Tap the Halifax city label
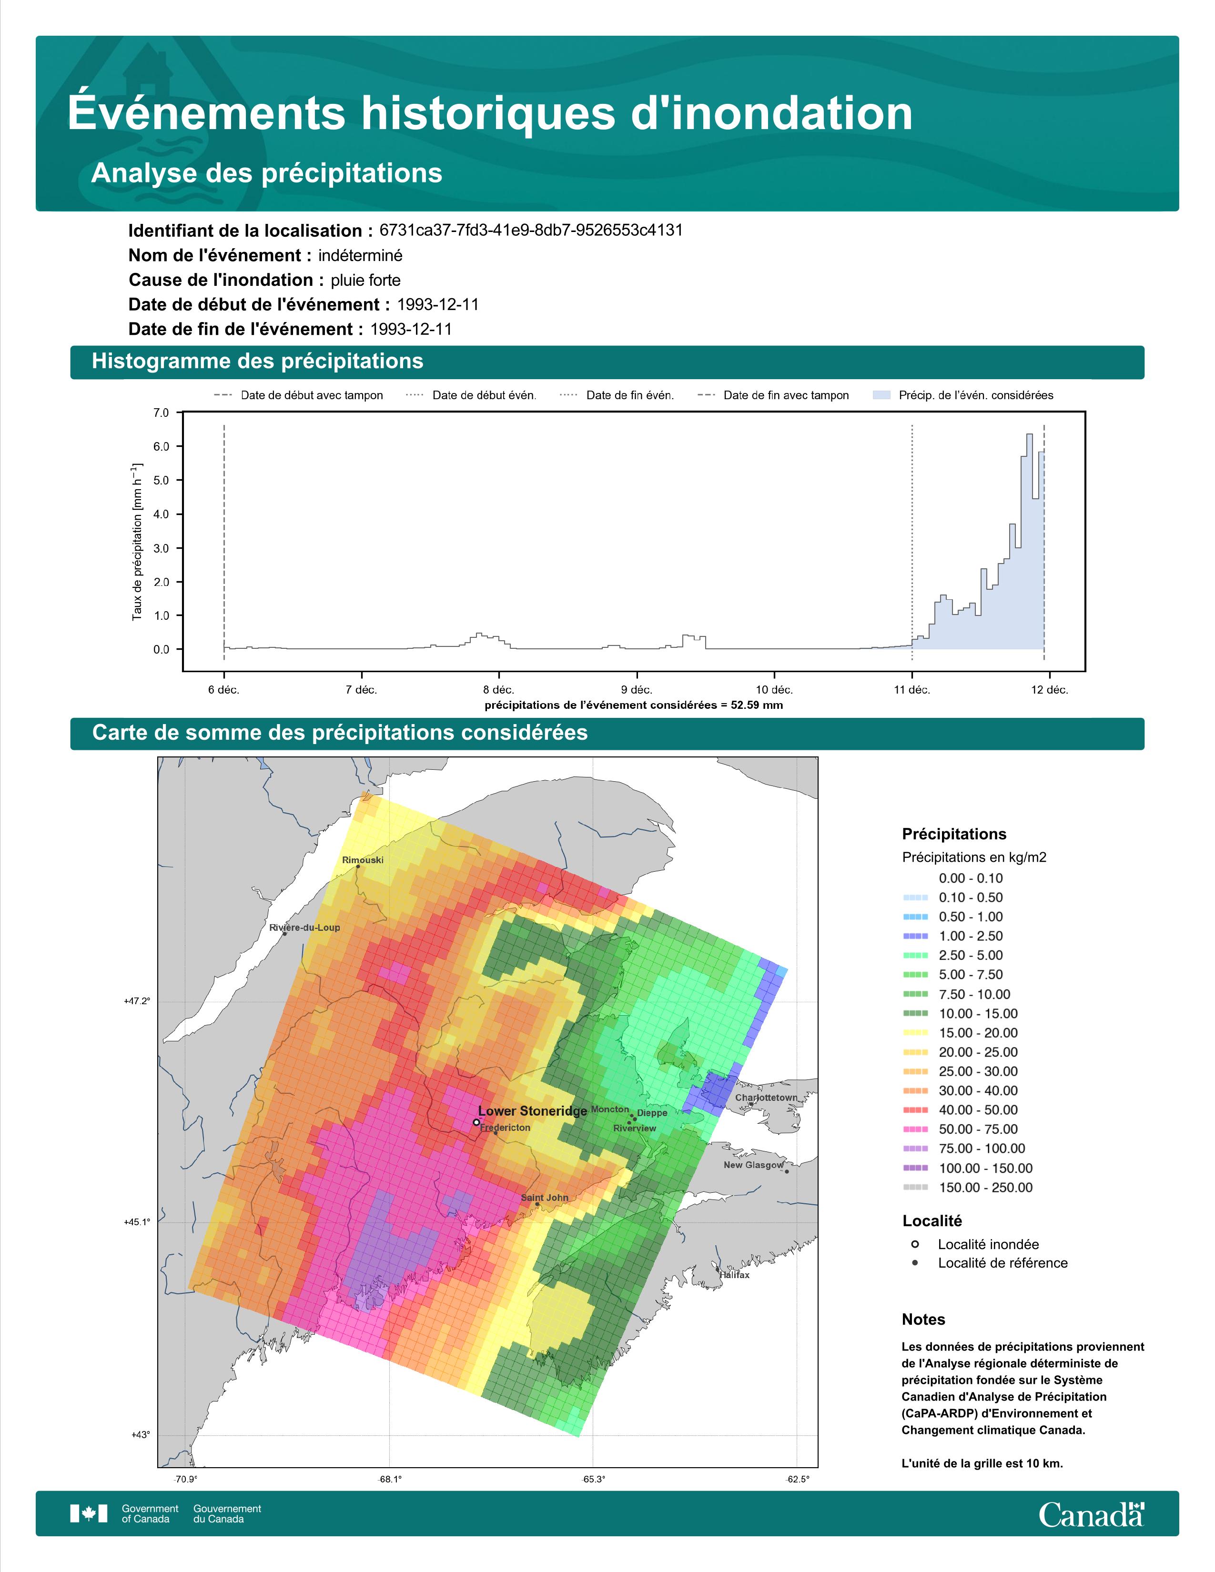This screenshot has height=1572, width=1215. coord(735,1275)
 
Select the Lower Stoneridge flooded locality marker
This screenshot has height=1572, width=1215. coord(476,1121)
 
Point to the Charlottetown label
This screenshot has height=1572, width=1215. coord(766,1098)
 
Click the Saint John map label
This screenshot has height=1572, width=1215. coord(545,1198)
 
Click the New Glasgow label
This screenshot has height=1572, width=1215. coord(754,1165)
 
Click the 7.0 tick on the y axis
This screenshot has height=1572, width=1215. coord(161,413)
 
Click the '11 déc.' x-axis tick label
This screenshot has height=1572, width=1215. coord(912,690)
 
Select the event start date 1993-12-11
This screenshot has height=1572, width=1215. coord(437,304)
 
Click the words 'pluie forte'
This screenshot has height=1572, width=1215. coord(365,280)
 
